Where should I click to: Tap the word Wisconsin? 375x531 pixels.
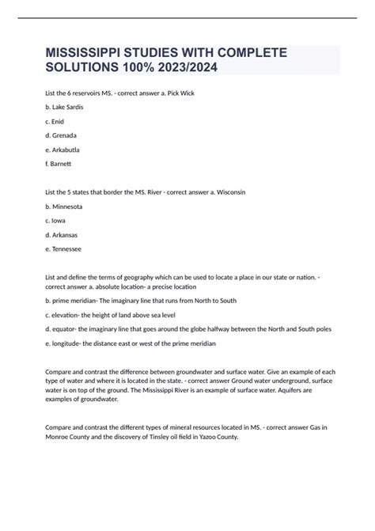[254, 192]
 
